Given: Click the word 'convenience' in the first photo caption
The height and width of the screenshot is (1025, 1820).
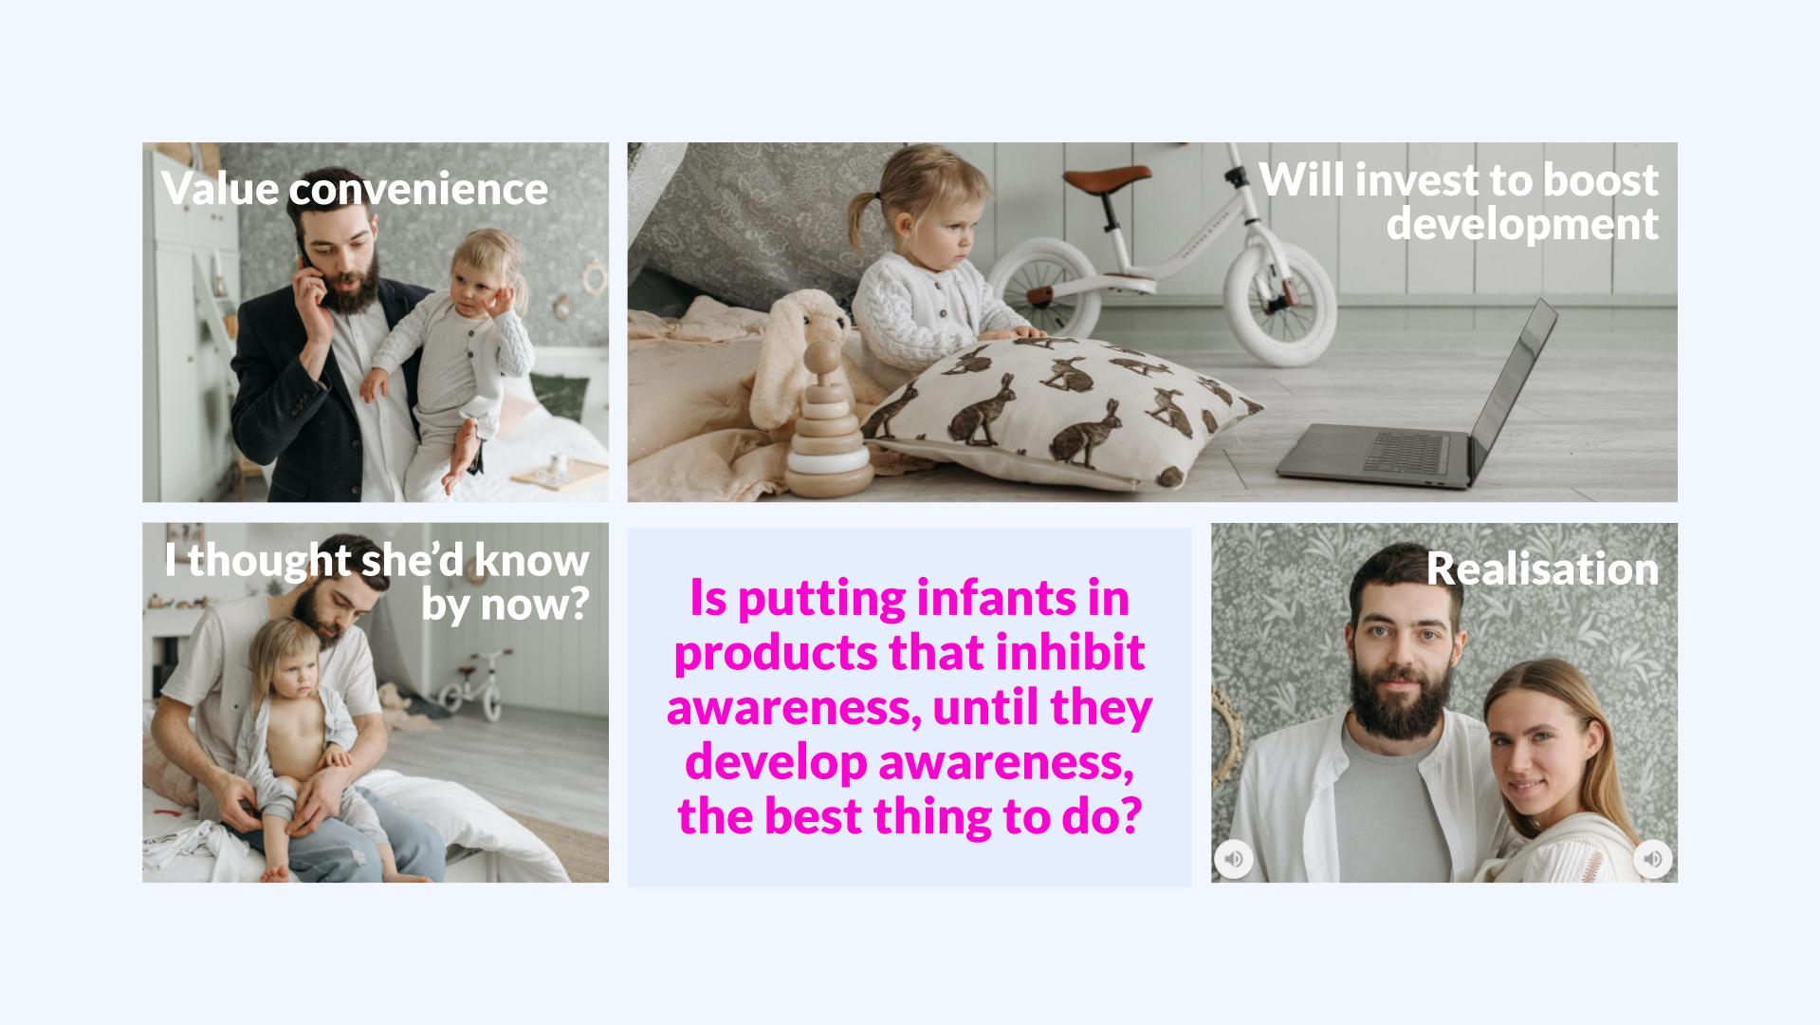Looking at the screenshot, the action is click(418, 189).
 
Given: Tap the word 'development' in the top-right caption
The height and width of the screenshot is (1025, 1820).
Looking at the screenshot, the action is click(1522, 225).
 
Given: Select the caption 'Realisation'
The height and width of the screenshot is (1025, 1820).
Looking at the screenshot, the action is click(1542, 569).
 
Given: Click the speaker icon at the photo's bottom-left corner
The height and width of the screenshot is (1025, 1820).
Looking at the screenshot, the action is click(1234, 859).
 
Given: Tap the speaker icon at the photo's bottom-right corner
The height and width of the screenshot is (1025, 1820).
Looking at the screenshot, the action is click(1652, 859).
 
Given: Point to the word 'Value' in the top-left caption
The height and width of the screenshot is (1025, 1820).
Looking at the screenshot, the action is click(220, 189).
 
